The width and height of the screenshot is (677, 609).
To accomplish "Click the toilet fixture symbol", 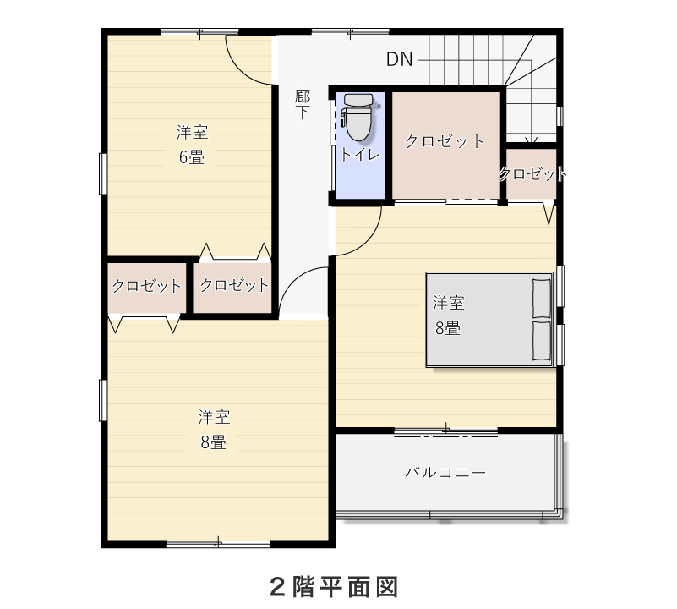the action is tap(358, 118).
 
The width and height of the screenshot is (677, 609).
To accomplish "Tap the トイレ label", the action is tap(361, 154).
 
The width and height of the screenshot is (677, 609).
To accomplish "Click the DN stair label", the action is tap(400, 60).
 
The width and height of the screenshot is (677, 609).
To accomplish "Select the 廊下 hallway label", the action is tap(303, 104).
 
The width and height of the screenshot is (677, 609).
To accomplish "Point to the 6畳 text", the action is tap(192, 156).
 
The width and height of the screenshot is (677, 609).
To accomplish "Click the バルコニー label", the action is tap(445, 472).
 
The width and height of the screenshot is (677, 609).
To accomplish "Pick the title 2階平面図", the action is tap(334, 587).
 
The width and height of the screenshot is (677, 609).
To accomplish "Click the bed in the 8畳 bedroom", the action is tap(489, 320).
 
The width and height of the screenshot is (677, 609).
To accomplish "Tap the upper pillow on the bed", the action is tap(542, 299).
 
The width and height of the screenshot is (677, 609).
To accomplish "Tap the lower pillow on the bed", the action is tap(542, 340).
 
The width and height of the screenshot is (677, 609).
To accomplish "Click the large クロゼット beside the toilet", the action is tap(445, 141).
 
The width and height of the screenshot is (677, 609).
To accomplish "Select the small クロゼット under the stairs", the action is tap(532, 173).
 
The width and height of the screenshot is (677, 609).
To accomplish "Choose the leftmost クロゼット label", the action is tap(147, 286).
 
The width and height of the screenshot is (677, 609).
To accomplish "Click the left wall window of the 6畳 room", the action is tap(103, 173).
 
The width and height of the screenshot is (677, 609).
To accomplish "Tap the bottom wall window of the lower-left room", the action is tap(218, 544).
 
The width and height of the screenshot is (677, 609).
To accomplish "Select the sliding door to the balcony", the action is tap(446, 431).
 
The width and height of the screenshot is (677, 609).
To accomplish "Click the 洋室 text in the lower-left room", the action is tap(214, 417).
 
